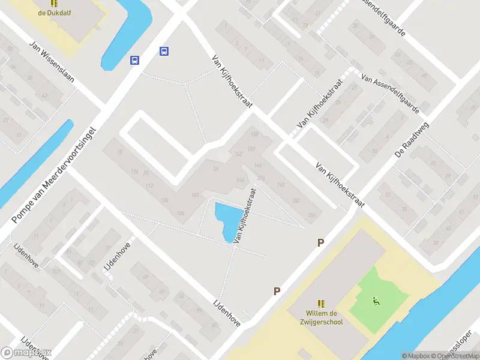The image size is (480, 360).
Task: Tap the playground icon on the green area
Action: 376,301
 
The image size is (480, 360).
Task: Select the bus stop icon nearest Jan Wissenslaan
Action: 135,60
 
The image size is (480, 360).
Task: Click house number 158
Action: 254,134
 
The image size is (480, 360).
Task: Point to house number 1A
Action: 215,170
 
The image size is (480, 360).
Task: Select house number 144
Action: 240,181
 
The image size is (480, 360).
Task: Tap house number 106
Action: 181,214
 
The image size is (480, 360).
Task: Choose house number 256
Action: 311,215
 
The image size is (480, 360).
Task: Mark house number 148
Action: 280,185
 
